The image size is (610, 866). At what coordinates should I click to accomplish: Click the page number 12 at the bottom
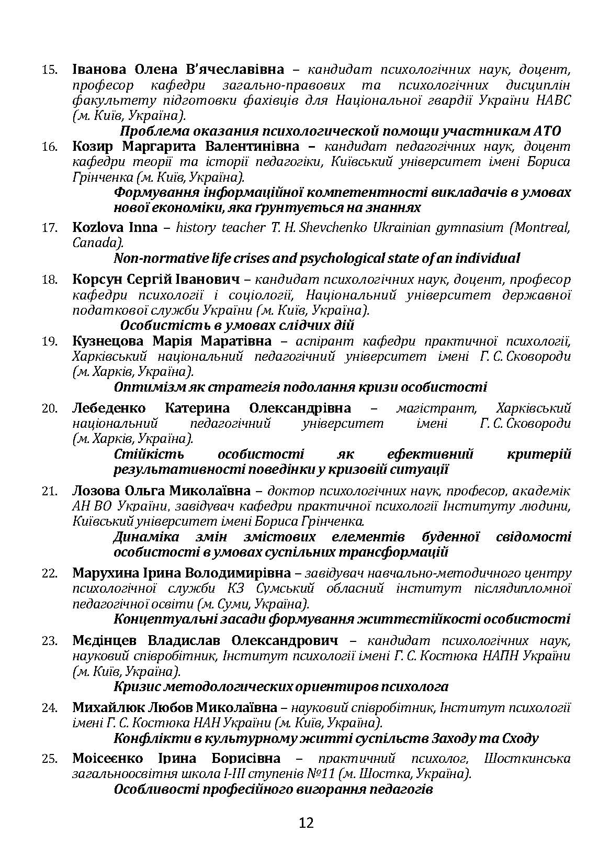coord(306,823)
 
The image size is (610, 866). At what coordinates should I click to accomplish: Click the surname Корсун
coord(95,280)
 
